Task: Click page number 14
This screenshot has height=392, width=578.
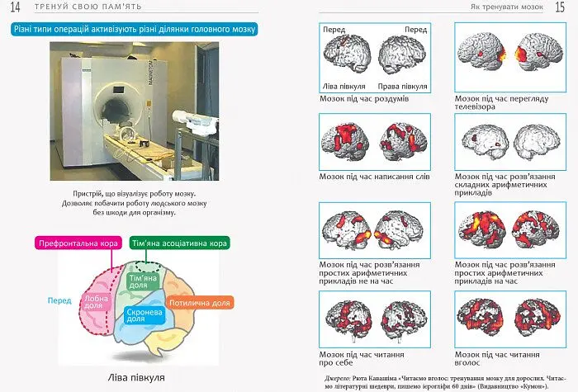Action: [x=14, y=7]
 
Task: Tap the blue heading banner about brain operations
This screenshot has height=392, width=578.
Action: [x=135, y=29]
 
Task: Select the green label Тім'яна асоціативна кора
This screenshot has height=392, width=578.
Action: [x=180, y=243]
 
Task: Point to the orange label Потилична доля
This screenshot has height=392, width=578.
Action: [x=200, y=303]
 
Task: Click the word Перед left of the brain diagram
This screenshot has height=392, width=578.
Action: [x=60, y=300]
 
